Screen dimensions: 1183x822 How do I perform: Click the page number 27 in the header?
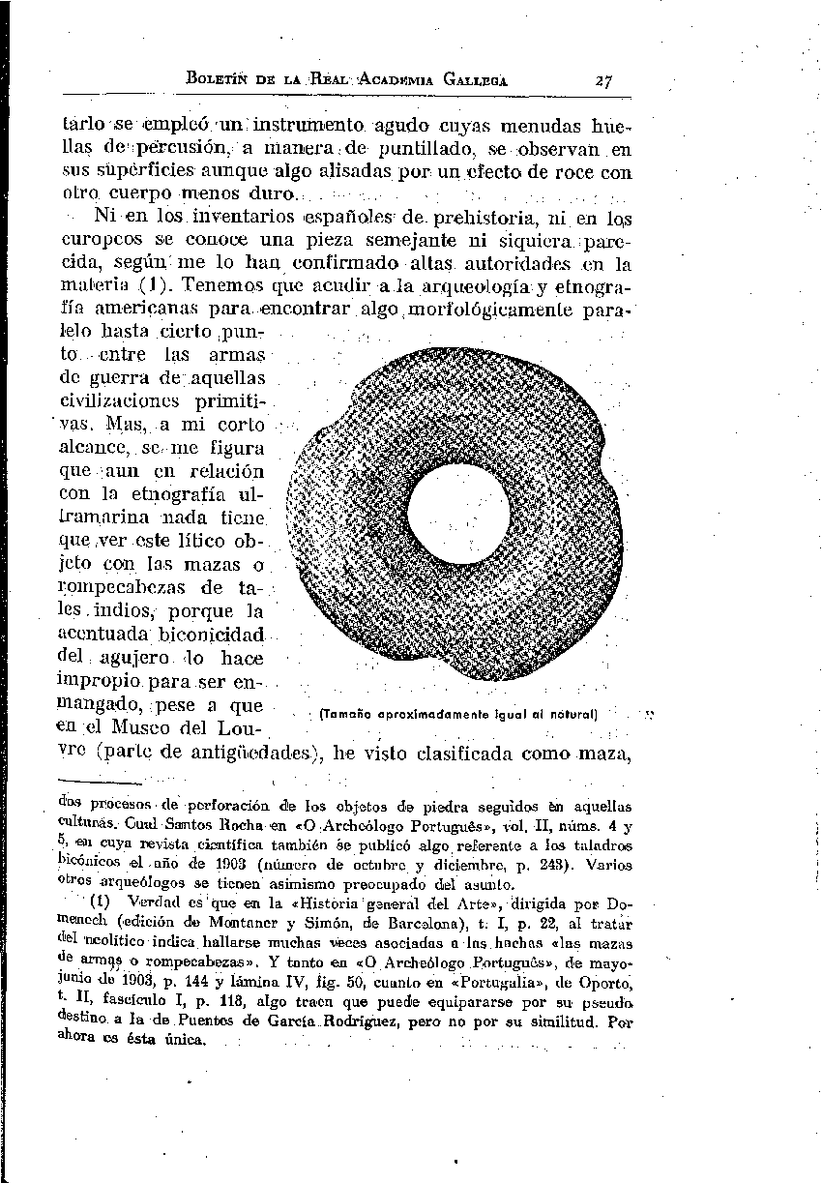pos(607,81)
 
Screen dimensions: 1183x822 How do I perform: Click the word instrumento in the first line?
pos(303,127)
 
